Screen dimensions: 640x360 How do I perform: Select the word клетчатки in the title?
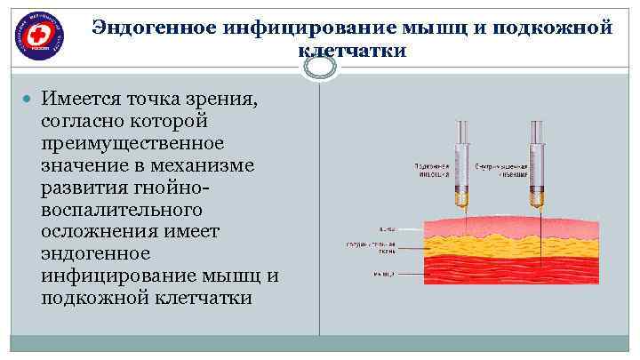[x=352, y=51]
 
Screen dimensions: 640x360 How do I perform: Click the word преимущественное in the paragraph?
[x=132, y=142]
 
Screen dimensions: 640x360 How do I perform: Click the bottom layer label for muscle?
[x=385, y=274]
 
